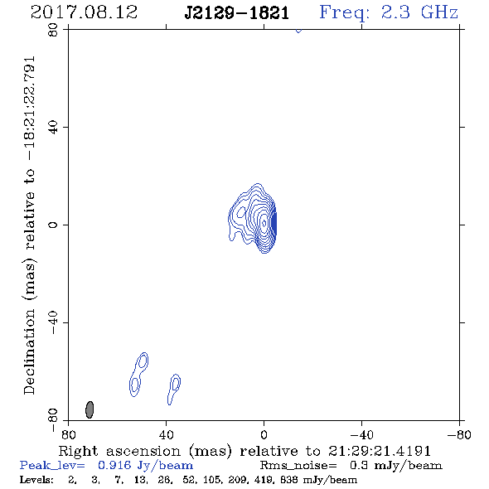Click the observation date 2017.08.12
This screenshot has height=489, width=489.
pos(84,12)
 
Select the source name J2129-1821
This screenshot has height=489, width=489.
pos(237,13)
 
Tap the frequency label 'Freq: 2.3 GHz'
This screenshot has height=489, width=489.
pos(389,12)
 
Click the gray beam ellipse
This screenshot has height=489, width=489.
pos(90,409)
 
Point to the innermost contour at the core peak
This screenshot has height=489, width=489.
pos(264,223)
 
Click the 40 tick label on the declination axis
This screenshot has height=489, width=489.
pos(53,128)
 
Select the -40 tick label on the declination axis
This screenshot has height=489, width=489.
pos(53,322)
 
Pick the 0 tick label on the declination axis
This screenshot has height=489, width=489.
pos(53,225)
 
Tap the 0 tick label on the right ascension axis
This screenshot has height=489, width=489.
pos(264,435)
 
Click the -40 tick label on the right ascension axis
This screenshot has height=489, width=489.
pos(361,435)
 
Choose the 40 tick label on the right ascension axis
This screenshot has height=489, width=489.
pos(167,435)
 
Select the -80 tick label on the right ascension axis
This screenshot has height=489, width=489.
pos(459,435)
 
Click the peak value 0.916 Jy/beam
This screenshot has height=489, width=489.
pos(145,466)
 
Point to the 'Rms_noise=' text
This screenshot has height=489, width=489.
pos(298,466)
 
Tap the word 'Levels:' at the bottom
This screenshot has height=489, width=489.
pos(36,480)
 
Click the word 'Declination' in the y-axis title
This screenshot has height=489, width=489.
pos(29,351)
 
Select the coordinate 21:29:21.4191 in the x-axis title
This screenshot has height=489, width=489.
pos(380,451)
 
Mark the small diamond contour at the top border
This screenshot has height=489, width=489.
pos(298,31)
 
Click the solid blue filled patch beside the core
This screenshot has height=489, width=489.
pos(274,223)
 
